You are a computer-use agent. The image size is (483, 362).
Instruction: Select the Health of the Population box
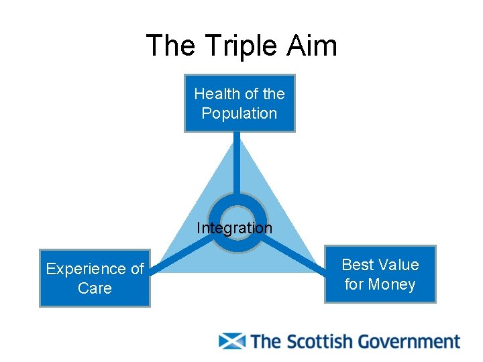coord(239,103)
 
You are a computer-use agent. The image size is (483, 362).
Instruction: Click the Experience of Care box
coord(95,278)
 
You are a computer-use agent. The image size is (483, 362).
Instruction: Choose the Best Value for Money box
coord(380,274)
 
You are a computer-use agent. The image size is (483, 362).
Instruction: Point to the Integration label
coord(234,228)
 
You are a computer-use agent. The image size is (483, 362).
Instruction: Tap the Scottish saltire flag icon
coord(232,341)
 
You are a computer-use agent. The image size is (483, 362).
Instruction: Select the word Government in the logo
coord(409,342)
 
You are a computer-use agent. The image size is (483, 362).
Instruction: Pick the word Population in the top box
coord(239,113)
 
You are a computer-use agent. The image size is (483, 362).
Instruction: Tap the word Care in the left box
coord(95,288)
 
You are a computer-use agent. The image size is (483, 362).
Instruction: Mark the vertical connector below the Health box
coord(237,164)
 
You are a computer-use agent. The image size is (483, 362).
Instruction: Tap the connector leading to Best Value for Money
coord(292,258)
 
